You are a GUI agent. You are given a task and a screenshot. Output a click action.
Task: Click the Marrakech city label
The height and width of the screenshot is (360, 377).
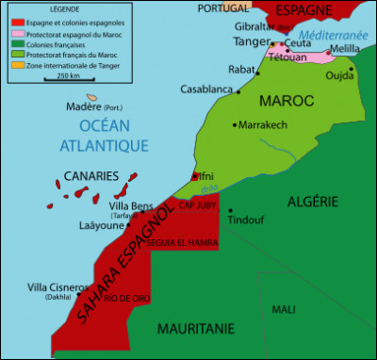pyautogui.click(x=268, y=124)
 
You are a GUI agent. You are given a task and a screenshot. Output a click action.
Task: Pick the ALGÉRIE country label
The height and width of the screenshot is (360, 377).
pyautogui.click(x=312, y=202)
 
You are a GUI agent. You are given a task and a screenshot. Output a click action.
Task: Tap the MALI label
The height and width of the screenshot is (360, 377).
pyautogui.click(x=283, y=309)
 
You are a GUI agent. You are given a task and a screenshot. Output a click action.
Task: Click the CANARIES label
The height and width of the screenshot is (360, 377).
pyautogui.click(x=90, y=175)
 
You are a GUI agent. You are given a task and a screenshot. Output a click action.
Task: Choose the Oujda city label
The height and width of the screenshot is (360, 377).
pyautogui.click(x=338, y=77)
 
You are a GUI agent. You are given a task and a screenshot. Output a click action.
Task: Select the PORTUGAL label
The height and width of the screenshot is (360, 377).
pyautogui.click(x=223, y=8)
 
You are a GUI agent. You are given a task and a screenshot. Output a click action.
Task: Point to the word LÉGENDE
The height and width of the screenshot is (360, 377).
pyautogui.click(x=55, y=10)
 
